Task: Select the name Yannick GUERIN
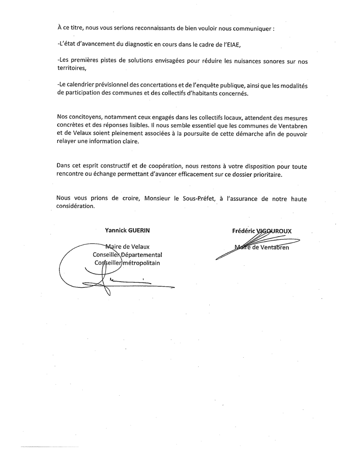127,230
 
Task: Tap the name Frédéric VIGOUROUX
262,231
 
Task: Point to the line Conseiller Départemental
127,255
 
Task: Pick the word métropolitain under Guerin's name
141,263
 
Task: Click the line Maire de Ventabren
262,247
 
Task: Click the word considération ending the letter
76,206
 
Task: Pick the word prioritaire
266,174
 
